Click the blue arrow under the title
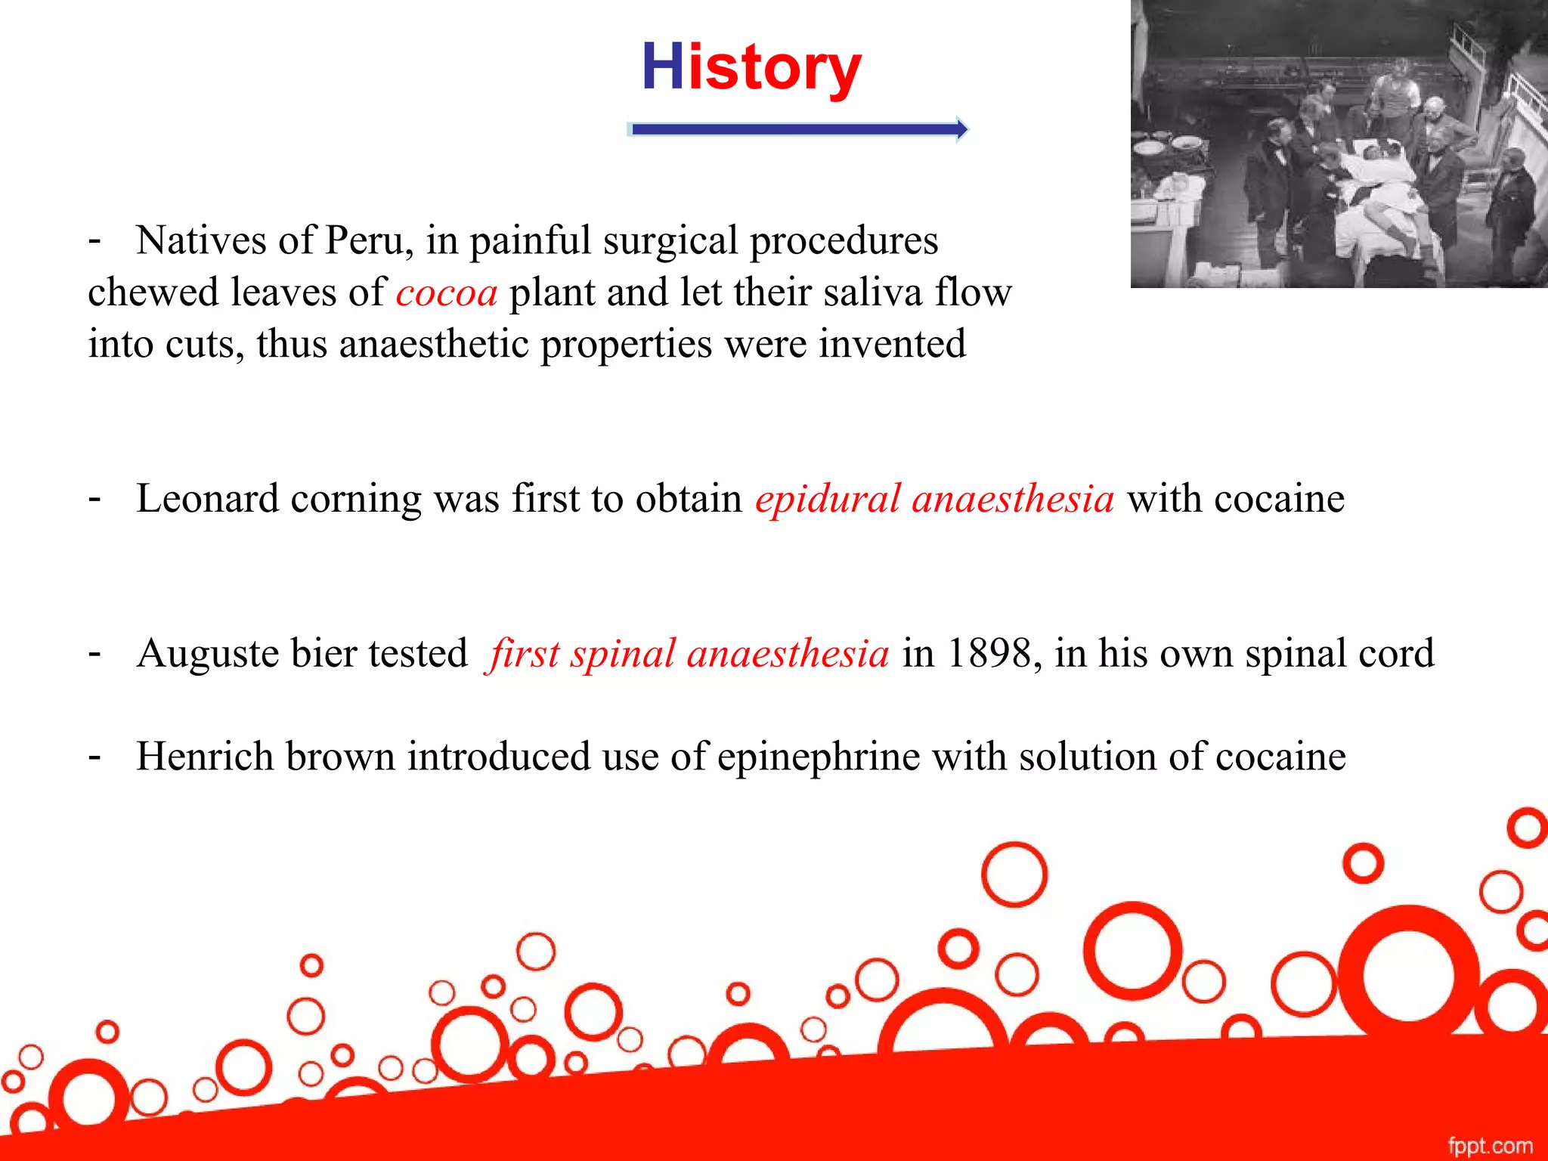(x=797, y=129)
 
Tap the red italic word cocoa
(x=447, y=293)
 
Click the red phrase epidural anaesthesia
(x=934, y=500)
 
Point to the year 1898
(x=988, y=654)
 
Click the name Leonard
(x=207, y=500)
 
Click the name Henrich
(x=205, y=757)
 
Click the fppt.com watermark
(x=1490, y=1145)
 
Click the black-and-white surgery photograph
(x=1339, y=144)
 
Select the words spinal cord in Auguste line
(x=1339, y=654)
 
